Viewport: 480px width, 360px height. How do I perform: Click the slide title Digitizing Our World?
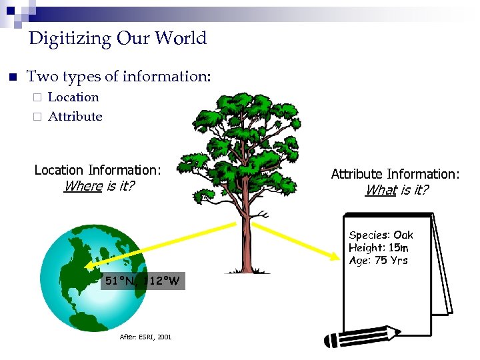tap(118, 38)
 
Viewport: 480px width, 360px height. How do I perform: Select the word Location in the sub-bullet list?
tap(73, 97)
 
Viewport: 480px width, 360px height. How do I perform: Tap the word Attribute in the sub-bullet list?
tap(75, 117)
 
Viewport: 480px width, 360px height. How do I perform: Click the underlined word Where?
tap(83, 186)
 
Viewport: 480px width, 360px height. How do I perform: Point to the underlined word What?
tap(381, 190)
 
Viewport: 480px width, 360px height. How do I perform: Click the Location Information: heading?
tap(97, 170)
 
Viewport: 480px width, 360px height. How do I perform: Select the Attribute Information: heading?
tap(395, 174)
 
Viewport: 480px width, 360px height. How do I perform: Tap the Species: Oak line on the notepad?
tap(381, 235)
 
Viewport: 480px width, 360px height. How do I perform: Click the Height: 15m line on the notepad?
tap(378, 247)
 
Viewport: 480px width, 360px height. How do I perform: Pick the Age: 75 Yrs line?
tap(378, 260)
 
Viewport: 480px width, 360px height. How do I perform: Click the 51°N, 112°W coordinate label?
tap(142, 281)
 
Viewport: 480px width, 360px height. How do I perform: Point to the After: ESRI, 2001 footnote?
tap(145, 337)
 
